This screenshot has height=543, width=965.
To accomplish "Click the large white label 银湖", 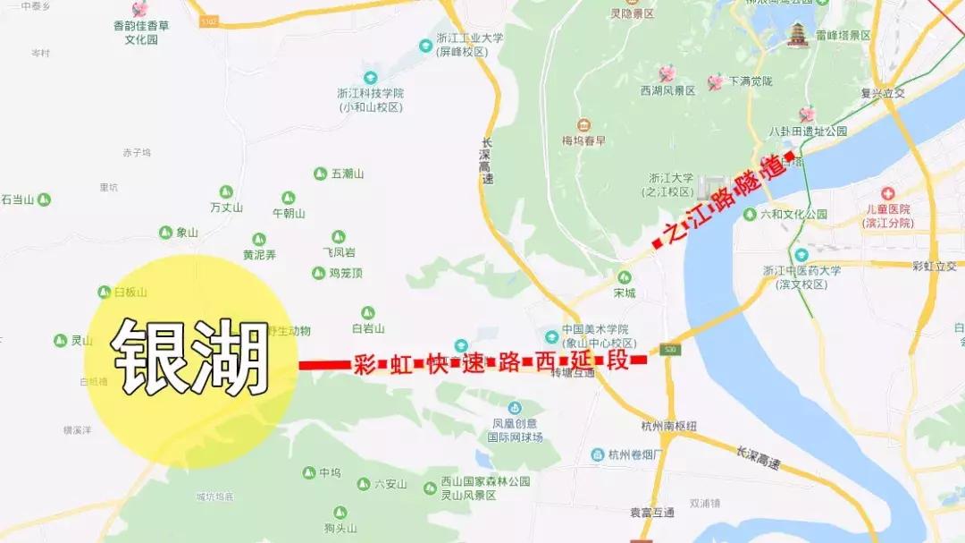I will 190,357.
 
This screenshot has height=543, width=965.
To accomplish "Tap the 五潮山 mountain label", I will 348,174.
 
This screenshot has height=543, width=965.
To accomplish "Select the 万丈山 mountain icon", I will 227,192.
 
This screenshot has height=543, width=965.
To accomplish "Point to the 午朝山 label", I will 289,213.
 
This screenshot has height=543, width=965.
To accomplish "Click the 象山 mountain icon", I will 165,233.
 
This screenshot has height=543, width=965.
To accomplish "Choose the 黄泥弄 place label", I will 259,255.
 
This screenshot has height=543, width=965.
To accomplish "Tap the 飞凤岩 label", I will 339,252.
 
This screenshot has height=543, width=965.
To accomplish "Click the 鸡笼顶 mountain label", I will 345,273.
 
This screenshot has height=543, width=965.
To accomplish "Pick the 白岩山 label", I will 368,328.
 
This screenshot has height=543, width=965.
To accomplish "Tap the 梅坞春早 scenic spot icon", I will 583,124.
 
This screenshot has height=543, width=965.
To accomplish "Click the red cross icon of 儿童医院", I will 887,193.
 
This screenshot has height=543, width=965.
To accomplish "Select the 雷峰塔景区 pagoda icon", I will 796,35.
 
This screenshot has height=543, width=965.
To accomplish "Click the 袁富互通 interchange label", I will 651,512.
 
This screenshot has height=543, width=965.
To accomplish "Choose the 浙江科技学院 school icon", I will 370,78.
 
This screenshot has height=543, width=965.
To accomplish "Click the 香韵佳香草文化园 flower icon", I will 140,9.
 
